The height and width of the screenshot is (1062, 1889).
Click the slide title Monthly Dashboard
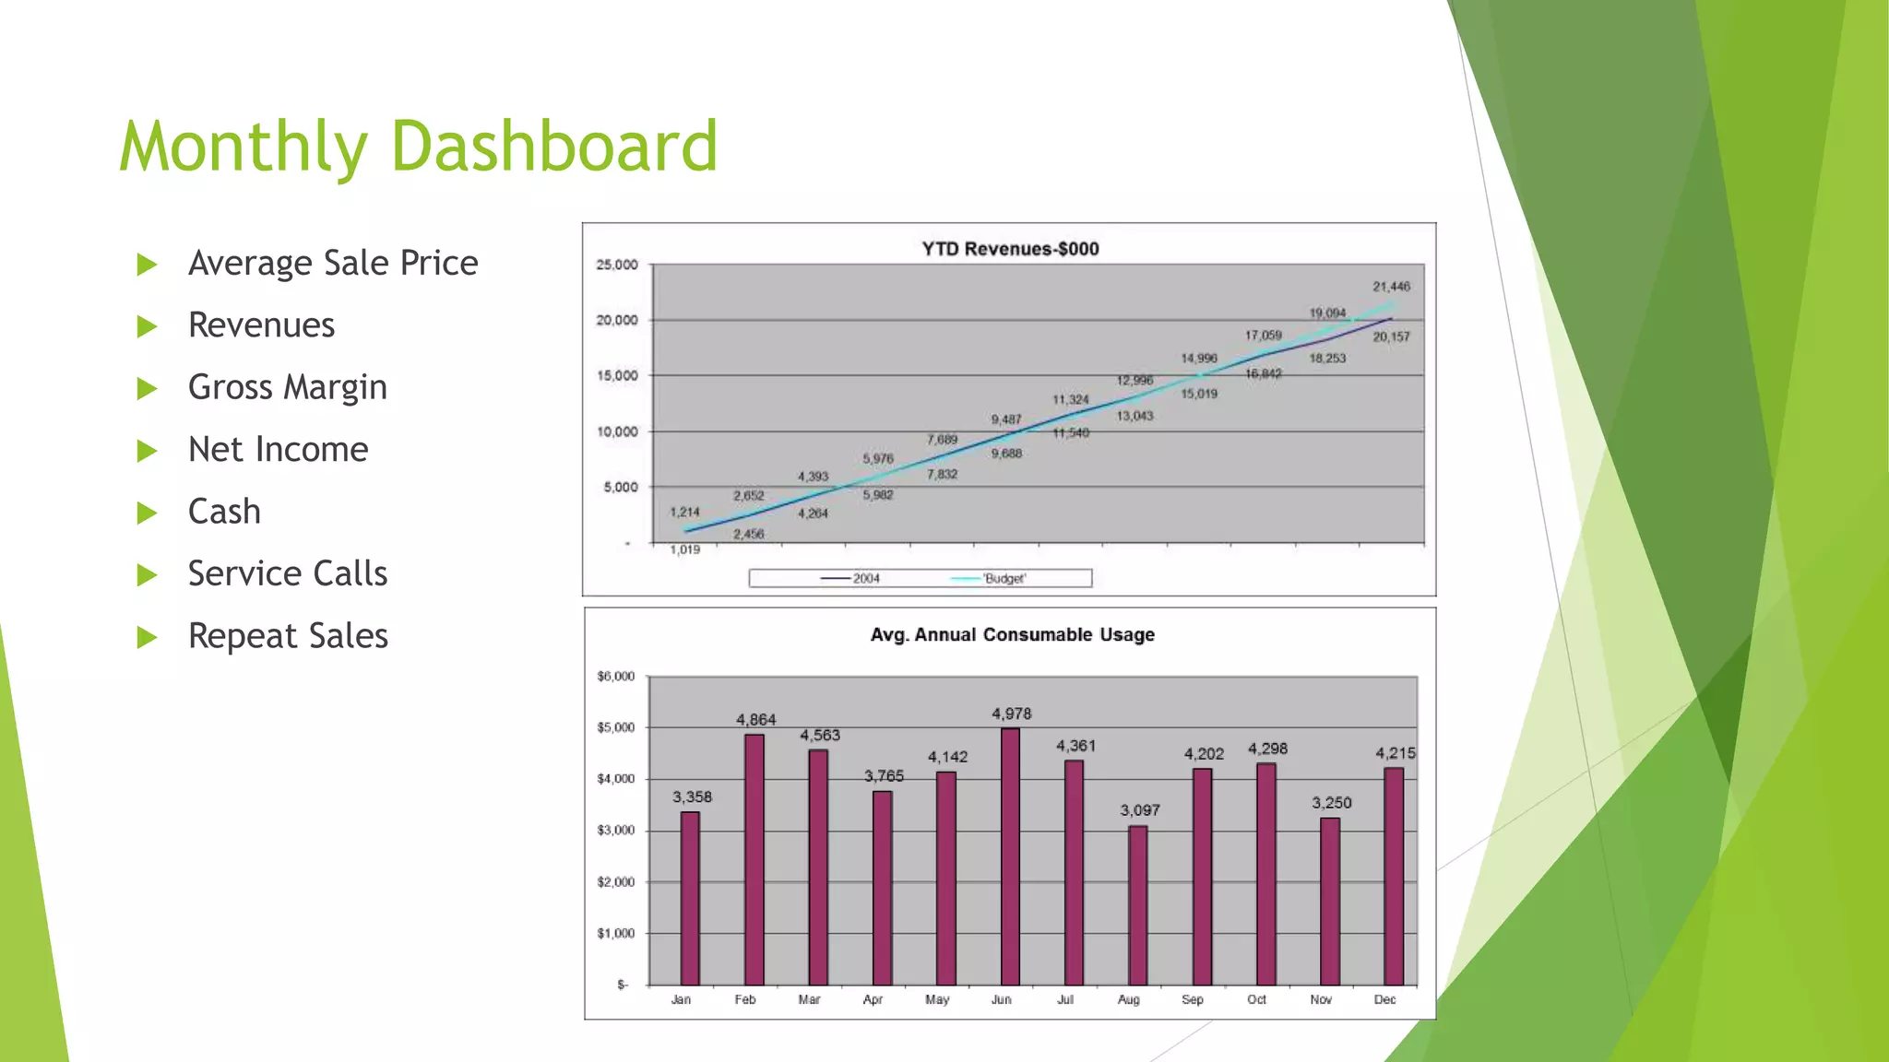[418, 147]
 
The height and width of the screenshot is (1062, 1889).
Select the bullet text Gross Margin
[287, 387]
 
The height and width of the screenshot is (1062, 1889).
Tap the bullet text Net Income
[278, 450]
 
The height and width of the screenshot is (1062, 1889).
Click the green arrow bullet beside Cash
[147, 513]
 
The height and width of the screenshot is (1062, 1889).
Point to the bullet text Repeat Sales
[288, 636]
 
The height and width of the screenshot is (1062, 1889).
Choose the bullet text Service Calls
[287, 573]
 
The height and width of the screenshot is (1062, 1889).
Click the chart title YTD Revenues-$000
[1010, 249]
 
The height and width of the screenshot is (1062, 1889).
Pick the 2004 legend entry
[850, 578]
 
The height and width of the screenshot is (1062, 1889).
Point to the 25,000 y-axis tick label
[616, 265]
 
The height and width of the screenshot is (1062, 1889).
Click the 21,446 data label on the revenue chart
[1391, 287]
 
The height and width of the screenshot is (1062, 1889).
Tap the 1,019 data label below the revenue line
[684, 550]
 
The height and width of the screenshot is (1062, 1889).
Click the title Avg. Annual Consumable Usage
[1012, 635]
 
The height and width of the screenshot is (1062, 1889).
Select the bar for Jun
[1010, 856]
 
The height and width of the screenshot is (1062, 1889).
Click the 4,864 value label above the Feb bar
[755, 720]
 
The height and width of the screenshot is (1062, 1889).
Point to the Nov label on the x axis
[1320, 999]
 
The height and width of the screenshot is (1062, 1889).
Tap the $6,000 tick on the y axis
[615, 677]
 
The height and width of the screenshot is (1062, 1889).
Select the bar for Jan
[690, 898]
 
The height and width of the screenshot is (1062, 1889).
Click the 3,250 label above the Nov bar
[1331, 803]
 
